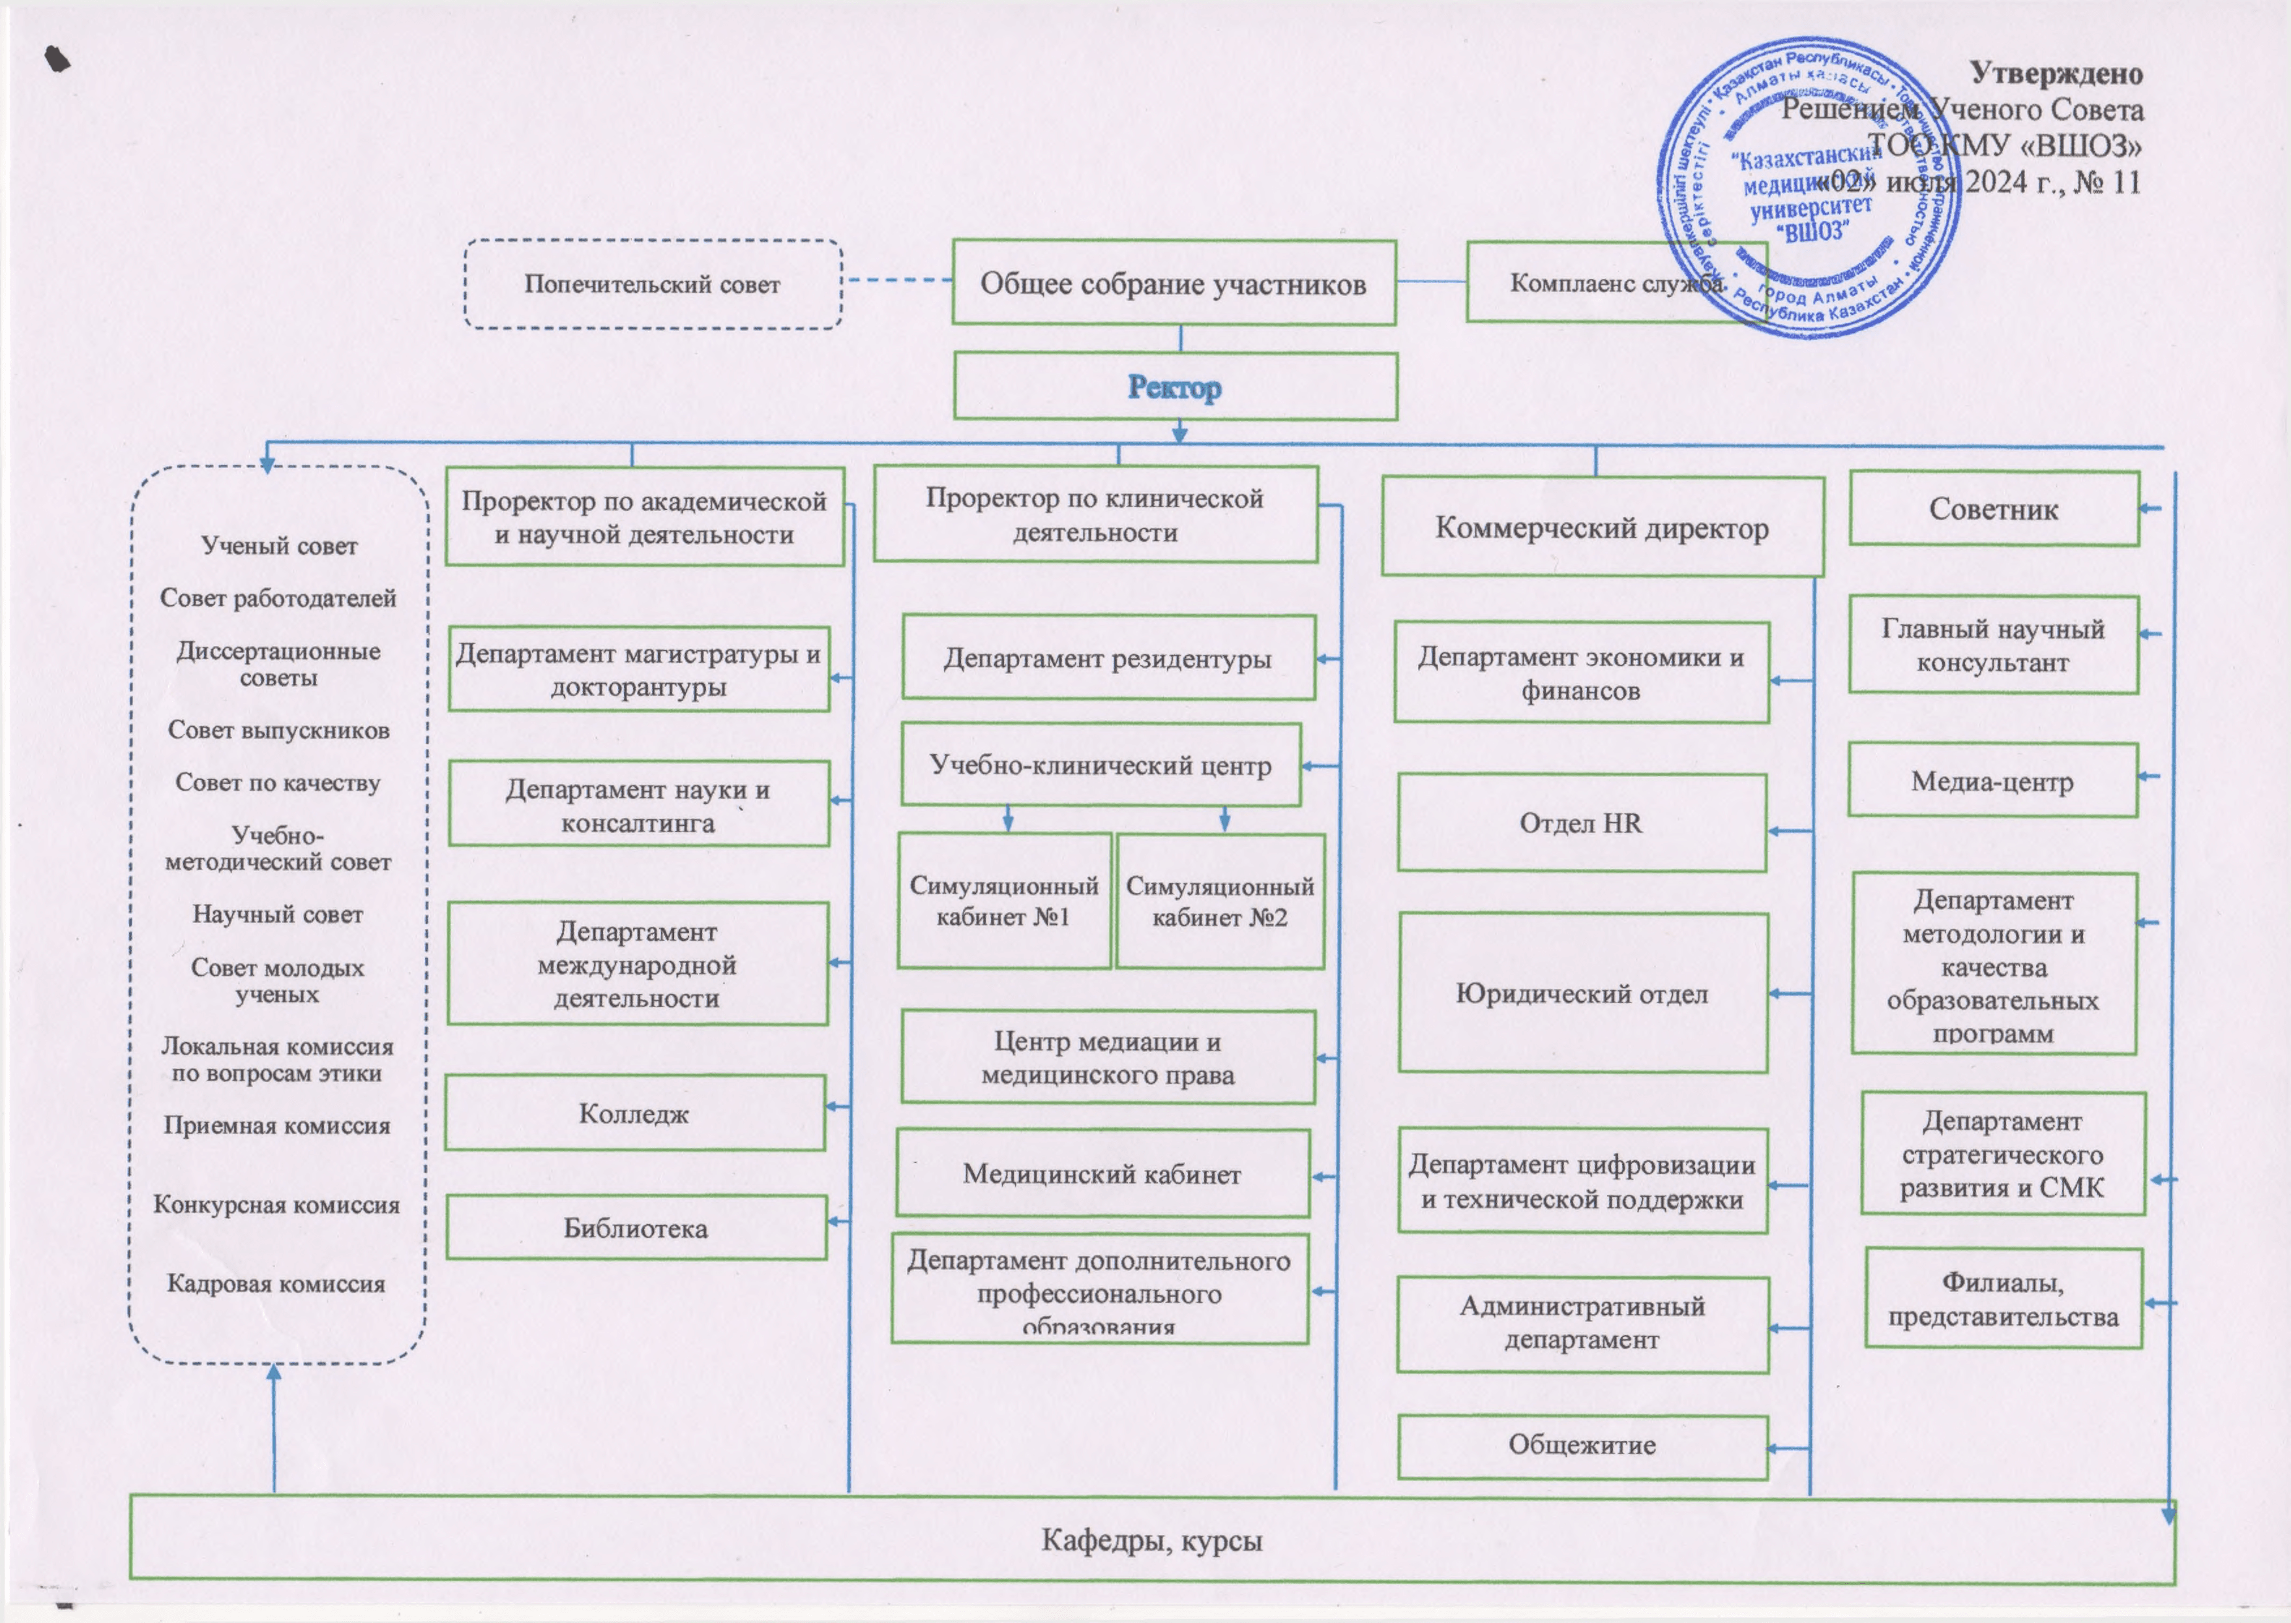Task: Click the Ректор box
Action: click(1174, 387)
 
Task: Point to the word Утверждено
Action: click(2056, 73)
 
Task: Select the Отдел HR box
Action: click(1580, 823)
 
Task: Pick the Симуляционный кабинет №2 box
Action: click(1219, 901)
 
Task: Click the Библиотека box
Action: click(636, 1228)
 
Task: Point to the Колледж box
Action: click(634, 1113)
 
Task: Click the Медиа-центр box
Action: click(1992, 782)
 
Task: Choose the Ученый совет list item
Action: click(279, 546)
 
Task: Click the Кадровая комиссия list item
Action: click(276, 1283)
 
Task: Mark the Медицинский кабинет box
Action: click(1102, 1175)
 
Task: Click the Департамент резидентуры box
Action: click(1108, 658)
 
